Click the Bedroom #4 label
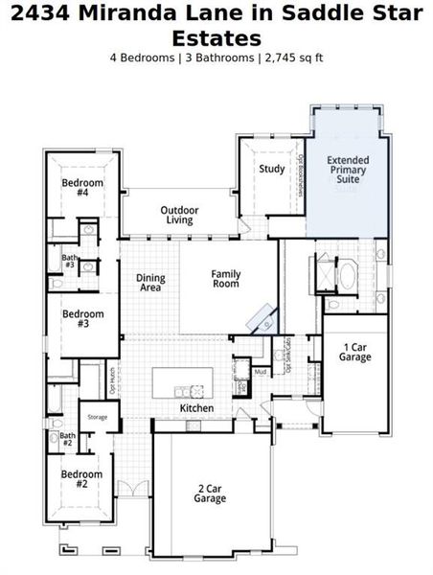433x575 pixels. [81, 187]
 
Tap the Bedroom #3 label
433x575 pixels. [81, 318]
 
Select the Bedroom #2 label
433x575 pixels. [81, 479]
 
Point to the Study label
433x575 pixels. [271, 170]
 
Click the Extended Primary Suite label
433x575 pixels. [347, 170]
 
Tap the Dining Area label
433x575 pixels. [150, 283]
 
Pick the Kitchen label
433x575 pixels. [196, 408]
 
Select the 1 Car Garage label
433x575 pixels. [354, 352]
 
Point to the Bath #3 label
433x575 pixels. [69, 261]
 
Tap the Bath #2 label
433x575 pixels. [67, 439]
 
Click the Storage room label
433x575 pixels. [98, 417]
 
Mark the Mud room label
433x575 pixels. [260, 371]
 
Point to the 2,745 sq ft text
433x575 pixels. [293, 57]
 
